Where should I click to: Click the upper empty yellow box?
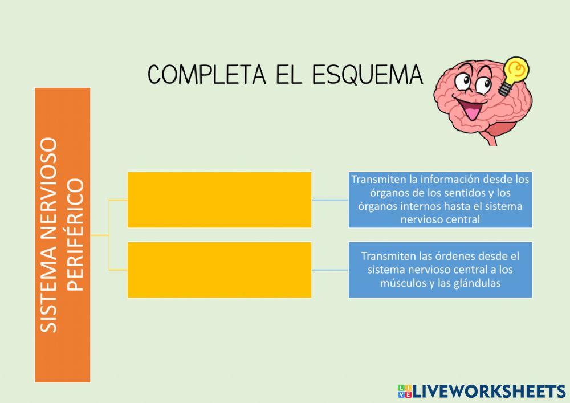coord(219,200)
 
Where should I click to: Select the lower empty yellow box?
coord(219,270)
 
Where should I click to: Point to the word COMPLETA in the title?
coord(199,74)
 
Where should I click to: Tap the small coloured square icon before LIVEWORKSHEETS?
coord(404,391)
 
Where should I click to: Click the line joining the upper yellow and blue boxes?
coord(330,200)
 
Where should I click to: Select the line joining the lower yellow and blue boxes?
coord(330,270)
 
